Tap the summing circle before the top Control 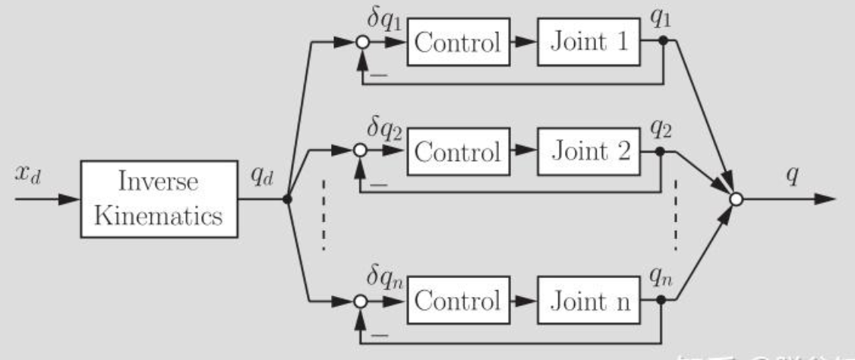coord(362,43)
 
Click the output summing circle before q coord(735,200)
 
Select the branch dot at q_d coord(287,200)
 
